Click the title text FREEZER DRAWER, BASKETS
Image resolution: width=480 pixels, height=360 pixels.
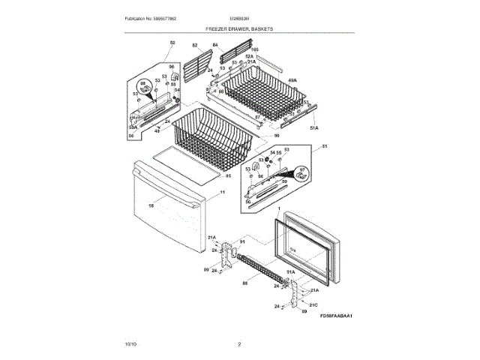[239, 28]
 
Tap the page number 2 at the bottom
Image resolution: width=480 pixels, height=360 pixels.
[239, 343]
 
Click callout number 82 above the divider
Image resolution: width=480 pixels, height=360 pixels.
[194, 46]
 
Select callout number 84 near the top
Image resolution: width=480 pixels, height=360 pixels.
[215, 46]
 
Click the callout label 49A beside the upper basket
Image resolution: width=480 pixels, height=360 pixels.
[292, 79]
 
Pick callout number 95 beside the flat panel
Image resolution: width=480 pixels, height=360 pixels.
[228, 176]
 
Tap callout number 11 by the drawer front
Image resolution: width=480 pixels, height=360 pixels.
[222, 193]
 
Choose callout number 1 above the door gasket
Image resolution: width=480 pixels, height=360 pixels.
[278, 208]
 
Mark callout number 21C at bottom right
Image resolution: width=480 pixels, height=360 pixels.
[315, 304]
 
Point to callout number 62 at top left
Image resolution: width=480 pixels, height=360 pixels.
[172, 43]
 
